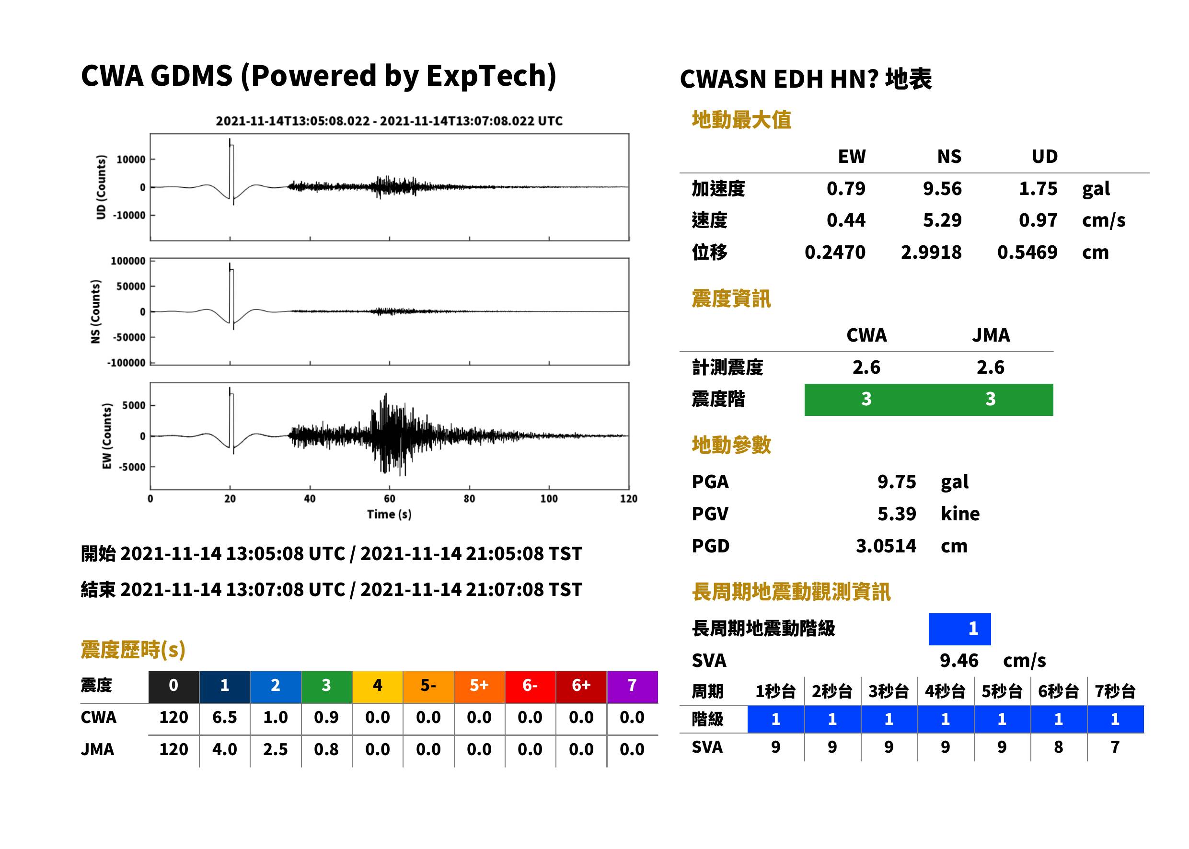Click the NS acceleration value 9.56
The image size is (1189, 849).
pyautogui.click(x=942, y=189)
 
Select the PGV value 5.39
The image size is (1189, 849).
pyautogui.click(x=897, y=514)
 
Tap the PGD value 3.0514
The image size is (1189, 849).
pyautogui.click(x=886, y=546)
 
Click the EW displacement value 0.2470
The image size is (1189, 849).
pyautogui.click(x=835, y=252)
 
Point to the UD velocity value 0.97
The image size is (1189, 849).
pyautogui.click(x=1038, y=220)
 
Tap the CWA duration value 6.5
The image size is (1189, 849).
pyautogui.click(x=225, y=718)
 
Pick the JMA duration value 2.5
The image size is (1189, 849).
pyautogui.click(x=276, y=750)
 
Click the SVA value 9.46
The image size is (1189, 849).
pyautogui.click(x=959, y=661)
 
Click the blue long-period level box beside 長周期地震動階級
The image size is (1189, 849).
pyautogui.click(x=959, y=629)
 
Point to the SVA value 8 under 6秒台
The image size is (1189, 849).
pyautogui.click(x=1058, y=747)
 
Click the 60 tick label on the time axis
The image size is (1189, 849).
pyautogui.click(x=390, y=499)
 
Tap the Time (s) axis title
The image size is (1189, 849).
pyautogui.click(x=389, y=515)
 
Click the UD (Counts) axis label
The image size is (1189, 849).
pyautogui.click(x=101, y=187)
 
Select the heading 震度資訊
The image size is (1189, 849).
pyautogui.click(x=731, y=299)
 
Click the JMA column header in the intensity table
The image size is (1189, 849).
pyautogui.click(x=991, y=335)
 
